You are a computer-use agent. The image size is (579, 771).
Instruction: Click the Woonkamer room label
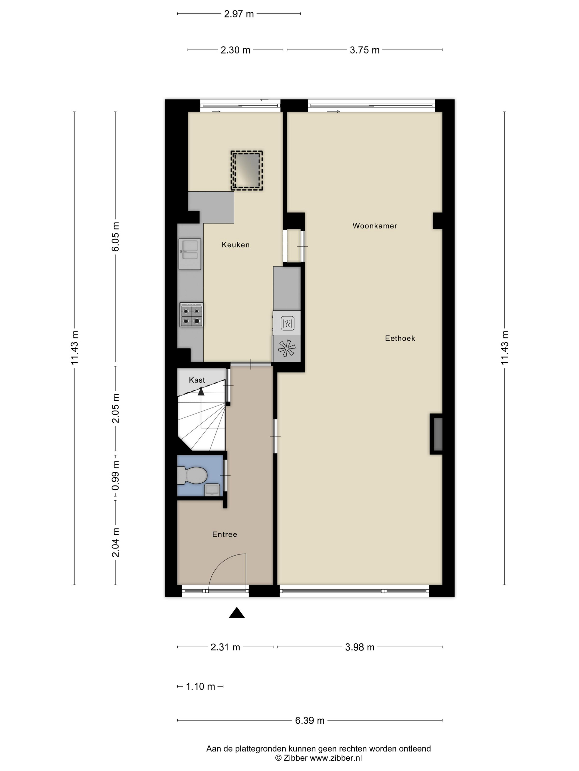374,226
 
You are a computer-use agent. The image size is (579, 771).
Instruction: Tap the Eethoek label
400,338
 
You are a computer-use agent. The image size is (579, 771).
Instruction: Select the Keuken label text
235,245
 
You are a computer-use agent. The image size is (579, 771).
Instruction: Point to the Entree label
224,534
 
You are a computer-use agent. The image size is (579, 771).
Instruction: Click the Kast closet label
197,380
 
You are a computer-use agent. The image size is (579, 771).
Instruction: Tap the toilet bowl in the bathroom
192,476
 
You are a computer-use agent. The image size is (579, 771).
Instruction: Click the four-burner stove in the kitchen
191,315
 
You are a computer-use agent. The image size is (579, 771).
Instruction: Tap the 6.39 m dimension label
310,720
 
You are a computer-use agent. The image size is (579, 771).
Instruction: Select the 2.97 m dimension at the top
239,14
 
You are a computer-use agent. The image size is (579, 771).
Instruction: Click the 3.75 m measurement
365,50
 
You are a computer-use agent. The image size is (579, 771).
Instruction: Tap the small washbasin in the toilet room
212,490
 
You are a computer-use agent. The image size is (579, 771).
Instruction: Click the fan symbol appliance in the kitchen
286,348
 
